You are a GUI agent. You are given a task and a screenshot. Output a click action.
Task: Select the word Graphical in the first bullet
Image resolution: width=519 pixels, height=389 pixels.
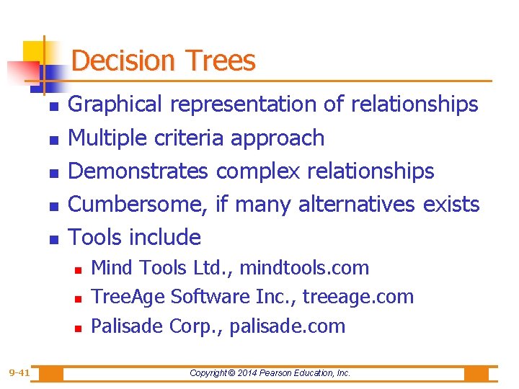[x=115, y=104]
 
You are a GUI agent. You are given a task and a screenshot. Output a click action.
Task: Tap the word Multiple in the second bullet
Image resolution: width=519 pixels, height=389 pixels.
[x=107, y=138]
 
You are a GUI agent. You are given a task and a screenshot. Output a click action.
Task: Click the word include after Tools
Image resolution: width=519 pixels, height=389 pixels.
[x=168, y=237]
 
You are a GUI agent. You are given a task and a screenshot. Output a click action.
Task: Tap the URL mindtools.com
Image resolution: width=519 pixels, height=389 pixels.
[x=304, y=268]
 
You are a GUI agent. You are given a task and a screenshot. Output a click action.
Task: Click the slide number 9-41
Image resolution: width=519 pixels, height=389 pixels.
[x=19, y=372]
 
